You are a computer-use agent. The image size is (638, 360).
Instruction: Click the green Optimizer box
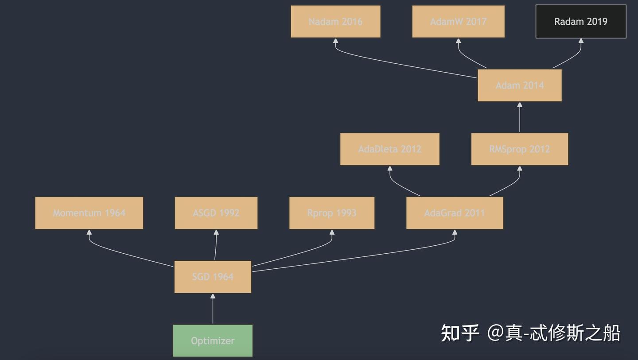(x=213, y=341)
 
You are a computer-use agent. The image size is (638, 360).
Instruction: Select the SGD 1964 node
(x=213, y=277)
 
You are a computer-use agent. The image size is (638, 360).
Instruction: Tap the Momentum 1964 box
(x=89, y=213)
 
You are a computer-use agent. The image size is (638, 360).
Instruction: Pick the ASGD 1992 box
(x=216, y=213)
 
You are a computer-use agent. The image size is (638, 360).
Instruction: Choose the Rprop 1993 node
(x=332, y=213)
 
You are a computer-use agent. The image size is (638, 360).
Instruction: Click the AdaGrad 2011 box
(x=455, y=213)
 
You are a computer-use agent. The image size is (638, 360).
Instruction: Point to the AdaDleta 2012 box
(x=390, y=149)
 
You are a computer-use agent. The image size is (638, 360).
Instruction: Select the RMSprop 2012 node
(x=520, y=149)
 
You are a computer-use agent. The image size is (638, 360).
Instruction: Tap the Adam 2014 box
(x=520, y=85)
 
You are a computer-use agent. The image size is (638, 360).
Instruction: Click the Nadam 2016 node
(x=335, y=22)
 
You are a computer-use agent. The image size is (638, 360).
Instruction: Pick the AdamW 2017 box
(x=458, y=22)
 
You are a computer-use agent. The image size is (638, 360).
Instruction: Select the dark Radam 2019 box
(x=581, y=22)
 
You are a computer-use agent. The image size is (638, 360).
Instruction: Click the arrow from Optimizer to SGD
(x=213, y=310)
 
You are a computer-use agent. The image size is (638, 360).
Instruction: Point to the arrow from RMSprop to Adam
(x=520, y=119)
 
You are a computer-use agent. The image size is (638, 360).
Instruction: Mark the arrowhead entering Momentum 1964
(x=89, y=232)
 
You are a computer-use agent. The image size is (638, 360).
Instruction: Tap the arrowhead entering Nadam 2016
(x=335, y=41)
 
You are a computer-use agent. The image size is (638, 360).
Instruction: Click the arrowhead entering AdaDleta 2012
(x=390, y=169)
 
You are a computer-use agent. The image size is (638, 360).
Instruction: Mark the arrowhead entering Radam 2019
(x=581, y=41)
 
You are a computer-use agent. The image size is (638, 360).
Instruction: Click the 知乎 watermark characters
(x=460, y=333)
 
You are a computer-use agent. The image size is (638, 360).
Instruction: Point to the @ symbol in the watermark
(x=496, y=333)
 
